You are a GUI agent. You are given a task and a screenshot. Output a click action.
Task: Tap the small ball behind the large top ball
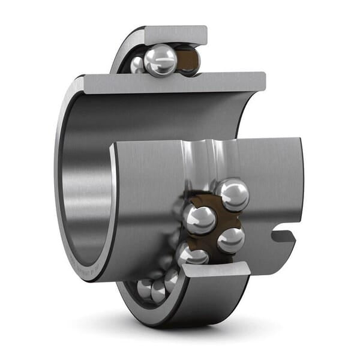click(x=137, y=64)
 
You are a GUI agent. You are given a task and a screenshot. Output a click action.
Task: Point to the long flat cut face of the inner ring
click(x=174, y=82)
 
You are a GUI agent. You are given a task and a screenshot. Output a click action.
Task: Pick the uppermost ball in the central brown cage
click(x=233, y=194)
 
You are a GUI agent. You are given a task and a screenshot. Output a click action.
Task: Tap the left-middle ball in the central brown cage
click(x=200, y=220)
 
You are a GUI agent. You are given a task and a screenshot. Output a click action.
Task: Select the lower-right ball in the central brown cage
click(x=230, y=240)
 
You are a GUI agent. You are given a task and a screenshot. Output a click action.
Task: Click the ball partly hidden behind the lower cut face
click(x=191, y=254)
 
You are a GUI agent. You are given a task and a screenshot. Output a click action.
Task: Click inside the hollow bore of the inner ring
click(x=90, y=180)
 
